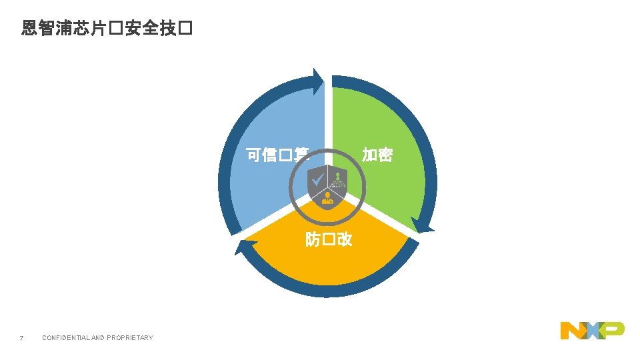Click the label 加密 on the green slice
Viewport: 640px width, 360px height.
coord(377,155)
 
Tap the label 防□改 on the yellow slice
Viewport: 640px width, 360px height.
coord(329,239)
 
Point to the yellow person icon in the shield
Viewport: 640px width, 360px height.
coord(327,197)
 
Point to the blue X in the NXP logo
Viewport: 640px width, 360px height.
coord(593,330)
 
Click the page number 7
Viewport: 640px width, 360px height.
coord(22,338)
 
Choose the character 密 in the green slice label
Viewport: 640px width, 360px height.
coord(385,155)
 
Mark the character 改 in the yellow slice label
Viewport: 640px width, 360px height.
coord(344,239)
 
